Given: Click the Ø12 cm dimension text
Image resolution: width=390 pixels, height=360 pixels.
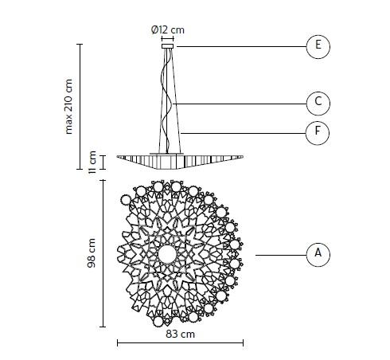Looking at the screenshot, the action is (x=168, y=29).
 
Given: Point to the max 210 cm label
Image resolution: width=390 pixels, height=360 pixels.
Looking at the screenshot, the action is (x=68, y=107).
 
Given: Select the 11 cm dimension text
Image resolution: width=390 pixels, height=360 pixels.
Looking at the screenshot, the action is (x=92, y=162).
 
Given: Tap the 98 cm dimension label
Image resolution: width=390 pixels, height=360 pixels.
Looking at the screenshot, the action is (x=92, y=253).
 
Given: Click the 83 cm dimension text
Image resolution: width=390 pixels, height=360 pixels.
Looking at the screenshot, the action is (x=180, y=334).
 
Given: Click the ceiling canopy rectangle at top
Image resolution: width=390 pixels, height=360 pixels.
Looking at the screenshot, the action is (x=168, y=46).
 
